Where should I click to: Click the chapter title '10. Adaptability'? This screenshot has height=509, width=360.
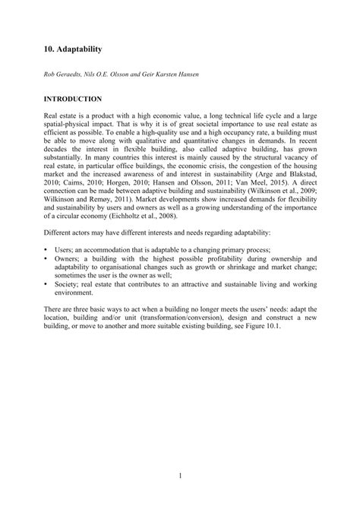pos(72,47)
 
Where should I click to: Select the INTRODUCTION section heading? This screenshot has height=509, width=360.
pos(73,99)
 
